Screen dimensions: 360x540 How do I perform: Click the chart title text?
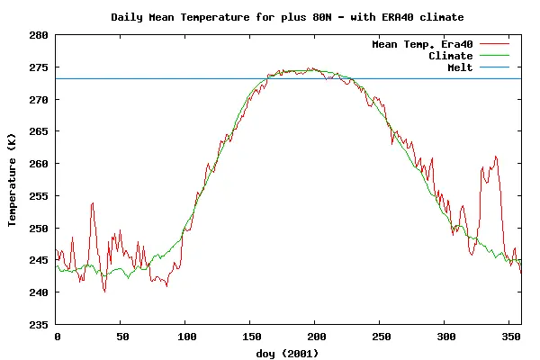coord(288,17)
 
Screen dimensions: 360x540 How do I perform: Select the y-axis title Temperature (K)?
coord(13,180)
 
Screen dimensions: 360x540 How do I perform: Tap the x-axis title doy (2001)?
coord(288,353)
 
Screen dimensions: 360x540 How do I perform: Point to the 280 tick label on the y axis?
coord(40,35)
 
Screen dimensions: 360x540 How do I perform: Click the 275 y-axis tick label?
coord(40,67)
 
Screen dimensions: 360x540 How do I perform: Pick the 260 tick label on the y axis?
coord(40,164)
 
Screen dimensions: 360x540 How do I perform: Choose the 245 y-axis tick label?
coord(40,260)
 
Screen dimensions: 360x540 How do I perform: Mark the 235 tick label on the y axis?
coord(40,324)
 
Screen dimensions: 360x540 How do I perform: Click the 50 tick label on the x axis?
coord(121,337)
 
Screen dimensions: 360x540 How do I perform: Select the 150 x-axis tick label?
coord(250,337)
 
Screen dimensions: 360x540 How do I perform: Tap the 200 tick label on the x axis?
coord(315,337)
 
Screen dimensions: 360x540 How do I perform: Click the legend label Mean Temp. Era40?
coord(422,44)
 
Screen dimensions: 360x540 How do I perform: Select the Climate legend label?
coord(451,56)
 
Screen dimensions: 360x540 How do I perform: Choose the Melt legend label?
coord(460,67)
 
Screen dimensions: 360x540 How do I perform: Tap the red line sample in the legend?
coord(495,44)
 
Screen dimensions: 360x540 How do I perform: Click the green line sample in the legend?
coord(495,56)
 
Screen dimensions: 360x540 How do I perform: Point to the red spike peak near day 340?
coord(495,157)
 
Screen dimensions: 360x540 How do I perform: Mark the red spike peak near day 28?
coord(92,203)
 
